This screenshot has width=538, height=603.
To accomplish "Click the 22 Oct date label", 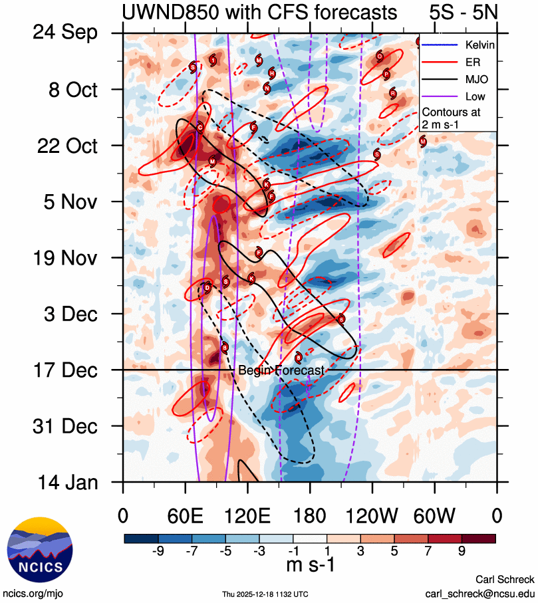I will pyautogui.click(x=65, y=146).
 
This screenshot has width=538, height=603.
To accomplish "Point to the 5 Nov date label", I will pyautogui.click(x=65, y=201).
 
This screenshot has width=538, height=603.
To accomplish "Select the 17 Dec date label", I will pyautogui.click(x=64, y=370).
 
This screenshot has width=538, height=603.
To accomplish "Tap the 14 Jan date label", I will pyautogui.click(x=65, y=482).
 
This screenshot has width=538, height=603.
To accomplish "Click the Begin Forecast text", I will pyautogui.click(x=281, y=370).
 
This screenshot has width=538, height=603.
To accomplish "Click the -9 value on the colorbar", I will pyautogui.click(x=158, y=551).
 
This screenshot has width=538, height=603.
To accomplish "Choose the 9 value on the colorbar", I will pyautogui.click(x=462, y=551).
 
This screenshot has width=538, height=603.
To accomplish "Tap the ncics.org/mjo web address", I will pyautogui.click(x=33, y=592).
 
